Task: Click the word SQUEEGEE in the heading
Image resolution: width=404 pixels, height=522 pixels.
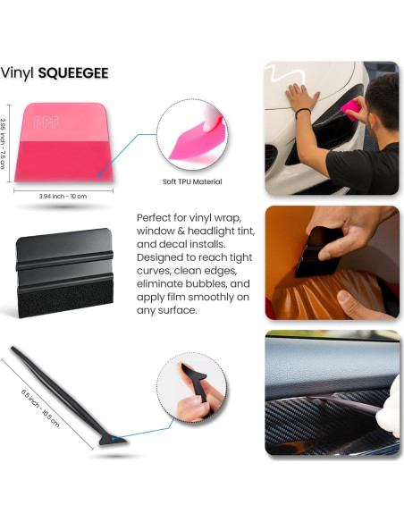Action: click(x=73, y=71)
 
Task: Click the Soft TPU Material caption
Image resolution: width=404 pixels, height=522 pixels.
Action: click(x=192, y=181)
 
